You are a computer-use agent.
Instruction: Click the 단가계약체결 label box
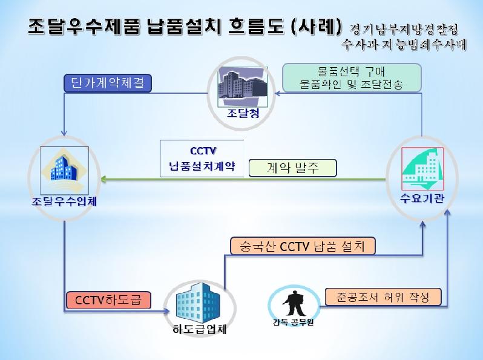[107, 83]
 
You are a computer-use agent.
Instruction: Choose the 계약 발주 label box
[292, 168]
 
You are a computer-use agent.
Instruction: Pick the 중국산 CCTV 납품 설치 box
[304, 245]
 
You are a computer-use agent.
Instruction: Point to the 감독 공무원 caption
[293, 321]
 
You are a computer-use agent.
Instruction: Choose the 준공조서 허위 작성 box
[383, 296]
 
